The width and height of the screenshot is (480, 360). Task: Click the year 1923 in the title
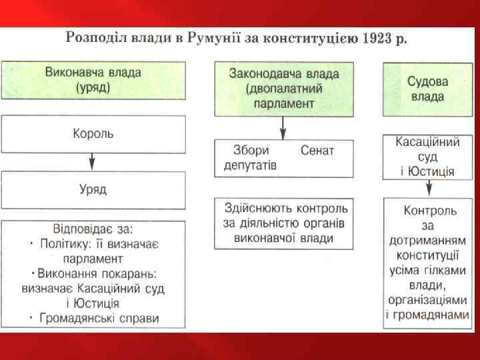[377, 37]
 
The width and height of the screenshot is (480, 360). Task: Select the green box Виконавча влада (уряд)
[93, 79]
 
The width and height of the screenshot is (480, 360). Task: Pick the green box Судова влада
[427, 88]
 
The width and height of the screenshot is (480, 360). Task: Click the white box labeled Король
[93, 134]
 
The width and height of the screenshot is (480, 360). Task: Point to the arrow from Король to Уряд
[93, 162]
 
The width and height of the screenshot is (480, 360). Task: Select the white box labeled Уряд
[93, 189]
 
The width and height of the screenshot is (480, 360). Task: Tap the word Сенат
[317, 151]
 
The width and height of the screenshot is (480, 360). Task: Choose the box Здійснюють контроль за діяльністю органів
[283, 222]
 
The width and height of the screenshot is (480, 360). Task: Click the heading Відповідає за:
[93, 229]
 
